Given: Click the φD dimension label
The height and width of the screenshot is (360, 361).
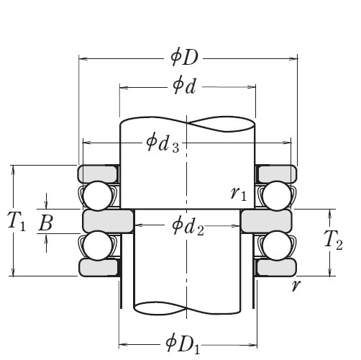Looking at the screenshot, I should point(188,55).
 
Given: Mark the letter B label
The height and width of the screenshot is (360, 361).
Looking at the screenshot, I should point(45,223).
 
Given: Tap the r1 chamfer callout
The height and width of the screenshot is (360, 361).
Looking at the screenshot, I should point(239,193).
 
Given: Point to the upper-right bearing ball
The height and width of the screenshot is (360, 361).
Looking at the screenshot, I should point(275,195).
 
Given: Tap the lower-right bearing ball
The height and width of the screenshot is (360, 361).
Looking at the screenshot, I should point(275,245).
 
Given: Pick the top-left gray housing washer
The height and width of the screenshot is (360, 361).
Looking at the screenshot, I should point(98,174).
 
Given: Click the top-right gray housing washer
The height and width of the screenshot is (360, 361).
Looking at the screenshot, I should point(277,174).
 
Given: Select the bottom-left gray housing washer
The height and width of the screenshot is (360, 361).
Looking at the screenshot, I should point(98,267).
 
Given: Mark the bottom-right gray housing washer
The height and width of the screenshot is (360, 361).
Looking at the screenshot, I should point(277,267).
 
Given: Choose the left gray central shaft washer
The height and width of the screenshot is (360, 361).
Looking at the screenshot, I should point(109,220).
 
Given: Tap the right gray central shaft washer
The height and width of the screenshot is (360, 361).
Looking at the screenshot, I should point(266,220).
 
